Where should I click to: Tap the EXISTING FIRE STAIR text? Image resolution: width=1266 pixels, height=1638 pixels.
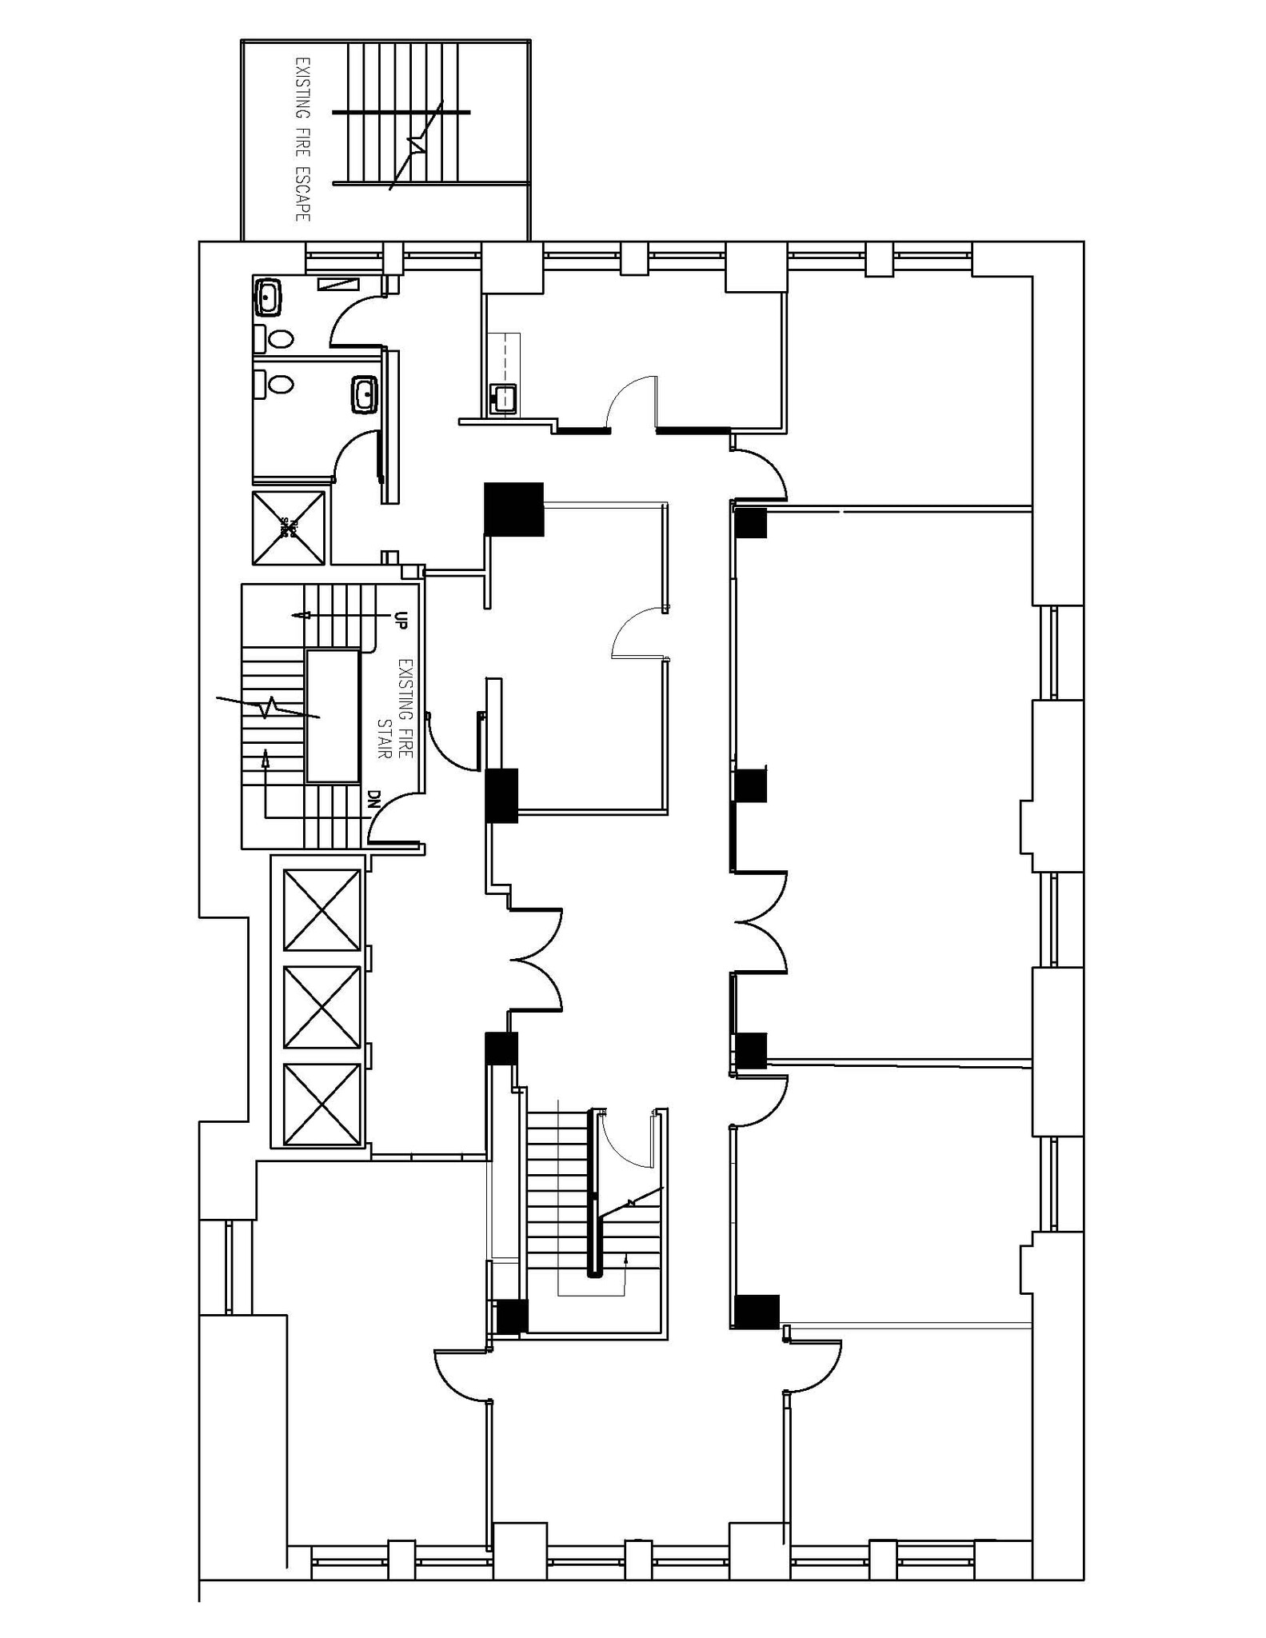click(396, 709)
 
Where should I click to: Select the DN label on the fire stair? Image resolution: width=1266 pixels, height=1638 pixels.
click(373, 798)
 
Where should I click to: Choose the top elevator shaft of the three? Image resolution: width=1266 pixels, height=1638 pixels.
click(322, 909)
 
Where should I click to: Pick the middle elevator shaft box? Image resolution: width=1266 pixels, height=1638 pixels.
click(322, 1007)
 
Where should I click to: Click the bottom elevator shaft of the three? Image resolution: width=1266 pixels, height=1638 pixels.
click(322, 1103)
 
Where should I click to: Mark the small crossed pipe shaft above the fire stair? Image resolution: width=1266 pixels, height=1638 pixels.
click(288, 526)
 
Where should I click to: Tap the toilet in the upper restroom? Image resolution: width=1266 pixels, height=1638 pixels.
click(281, 338)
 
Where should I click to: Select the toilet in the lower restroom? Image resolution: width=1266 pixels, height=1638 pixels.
click(281, 385)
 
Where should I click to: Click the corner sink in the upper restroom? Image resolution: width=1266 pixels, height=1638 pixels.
click(268, 297)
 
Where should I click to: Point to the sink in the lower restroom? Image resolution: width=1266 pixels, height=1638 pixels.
click(365, 394)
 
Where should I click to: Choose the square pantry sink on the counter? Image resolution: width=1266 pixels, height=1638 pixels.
click(503, 398)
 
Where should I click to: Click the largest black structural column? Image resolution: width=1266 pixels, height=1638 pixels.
click(514, 509)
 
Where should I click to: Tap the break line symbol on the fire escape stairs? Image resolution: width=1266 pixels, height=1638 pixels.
click(417, 145)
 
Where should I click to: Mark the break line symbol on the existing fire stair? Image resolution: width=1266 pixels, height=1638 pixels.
click(270, 706)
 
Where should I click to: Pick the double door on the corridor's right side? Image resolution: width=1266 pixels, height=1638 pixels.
click(760, 921)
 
